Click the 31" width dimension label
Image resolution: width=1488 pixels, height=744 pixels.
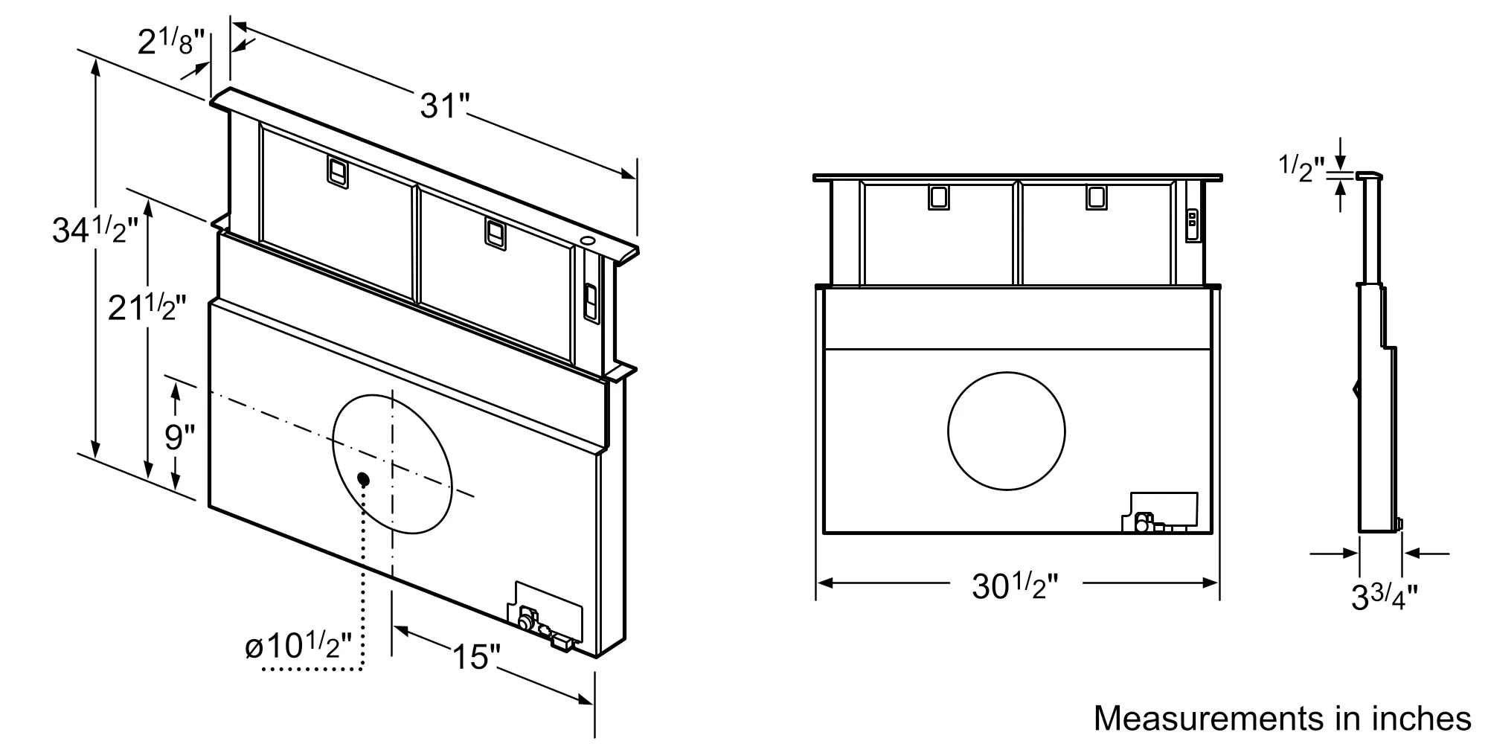[442, 106]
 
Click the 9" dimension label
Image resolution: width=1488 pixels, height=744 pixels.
[179, 437]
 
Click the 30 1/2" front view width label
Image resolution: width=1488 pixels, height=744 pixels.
[1014, 586]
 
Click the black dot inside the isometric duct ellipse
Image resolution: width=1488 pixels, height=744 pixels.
[364, 478]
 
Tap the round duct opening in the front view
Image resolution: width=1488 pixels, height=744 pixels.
[1006, 431]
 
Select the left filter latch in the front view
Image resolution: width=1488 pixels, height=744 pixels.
[937, 197]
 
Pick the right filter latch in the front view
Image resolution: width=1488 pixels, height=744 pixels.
[1095, 196]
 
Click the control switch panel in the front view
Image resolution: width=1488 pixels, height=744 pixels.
[1192, 223]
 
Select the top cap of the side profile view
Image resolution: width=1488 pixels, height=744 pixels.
[1370, 176]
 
